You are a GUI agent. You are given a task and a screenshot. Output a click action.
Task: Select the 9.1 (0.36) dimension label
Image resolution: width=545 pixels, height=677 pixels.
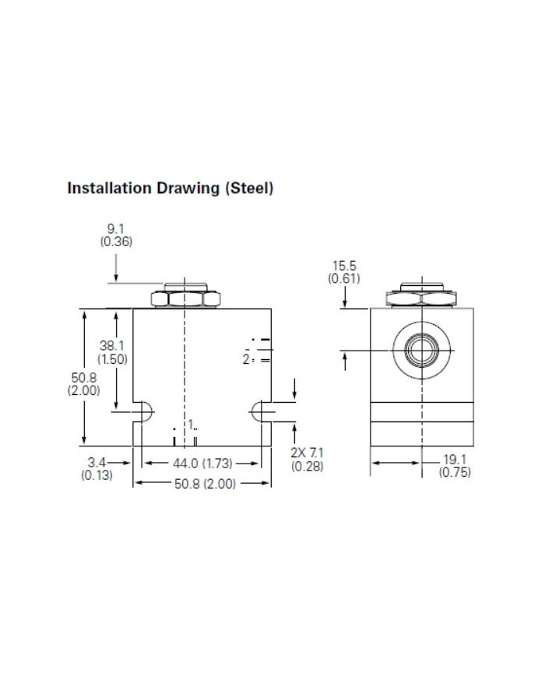click(115, 235)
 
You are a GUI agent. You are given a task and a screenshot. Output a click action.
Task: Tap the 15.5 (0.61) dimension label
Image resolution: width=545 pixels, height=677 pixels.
click(343, 272)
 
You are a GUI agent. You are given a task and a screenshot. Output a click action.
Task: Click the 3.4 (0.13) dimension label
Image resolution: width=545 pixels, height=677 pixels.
click(97, 469)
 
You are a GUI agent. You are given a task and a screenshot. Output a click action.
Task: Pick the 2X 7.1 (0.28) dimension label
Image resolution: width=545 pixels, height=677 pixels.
click(306, 460)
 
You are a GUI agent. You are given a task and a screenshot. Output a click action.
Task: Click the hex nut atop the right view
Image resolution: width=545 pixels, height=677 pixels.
click(420, 295)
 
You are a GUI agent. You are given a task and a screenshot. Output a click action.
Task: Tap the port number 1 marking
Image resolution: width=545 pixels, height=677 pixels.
click(189, 424)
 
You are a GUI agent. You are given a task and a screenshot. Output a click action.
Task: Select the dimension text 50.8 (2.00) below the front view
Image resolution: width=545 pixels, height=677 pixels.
click(202, 484)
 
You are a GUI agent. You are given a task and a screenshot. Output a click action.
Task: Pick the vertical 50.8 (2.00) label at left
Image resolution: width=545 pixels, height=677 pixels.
click(83, 384)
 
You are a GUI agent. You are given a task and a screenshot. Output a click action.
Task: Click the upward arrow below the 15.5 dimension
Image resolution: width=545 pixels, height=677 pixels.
click(344, 359)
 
